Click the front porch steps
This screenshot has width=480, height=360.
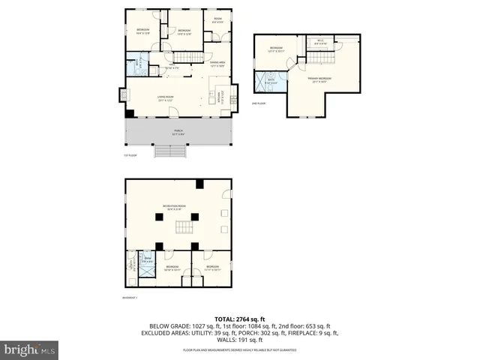[170, 151]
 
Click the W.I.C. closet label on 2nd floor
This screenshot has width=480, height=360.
[320, 42]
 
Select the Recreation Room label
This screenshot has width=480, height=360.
[175, 208]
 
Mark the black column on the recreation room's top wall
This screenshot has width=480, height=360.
[199, 184]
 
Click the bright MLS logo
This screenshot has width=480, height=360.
[30, 349]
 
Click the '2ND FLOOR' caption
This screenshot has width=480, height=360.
[259, 103]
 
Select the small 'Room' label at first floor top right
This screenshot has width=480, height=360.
[217, 20]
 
